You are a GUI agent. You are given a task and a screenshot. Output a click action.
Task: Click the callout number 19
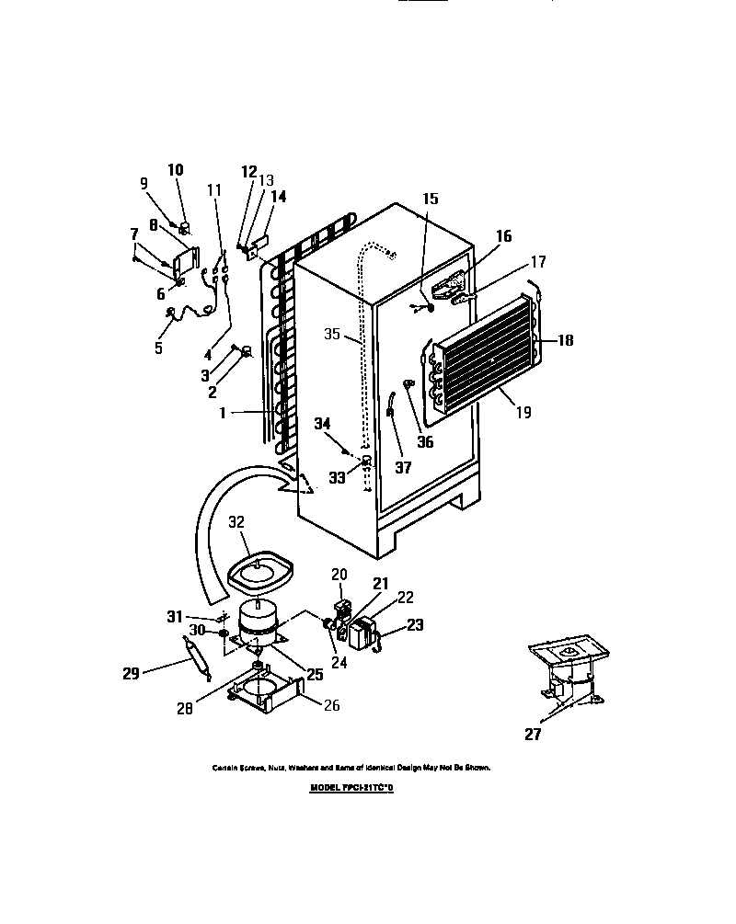tap(523, 413)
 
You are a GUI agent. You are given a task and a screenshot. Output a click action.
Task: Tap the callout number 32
tap(236, 522)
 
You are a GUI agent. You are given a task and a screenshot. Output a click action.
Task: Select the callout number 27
tap(534, 734)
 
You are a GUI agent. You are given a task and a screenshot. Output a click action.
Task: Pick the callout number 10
tap(175, 169)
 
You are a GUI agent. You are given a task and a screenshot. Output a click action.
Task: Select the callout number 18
tap(564, 340)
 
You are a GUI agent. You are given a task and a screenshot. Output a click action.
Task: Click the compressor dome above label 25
tap(259, 615)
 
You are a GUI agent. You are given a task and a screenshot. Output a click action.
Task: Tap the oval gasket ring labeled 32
tap(259, 572)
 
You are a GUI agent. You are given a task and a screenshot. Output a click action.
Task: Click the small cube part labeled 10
tap(184, 228)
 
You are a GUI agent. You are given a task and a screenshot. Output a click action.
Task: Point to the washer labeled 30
tap(224, 633)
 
